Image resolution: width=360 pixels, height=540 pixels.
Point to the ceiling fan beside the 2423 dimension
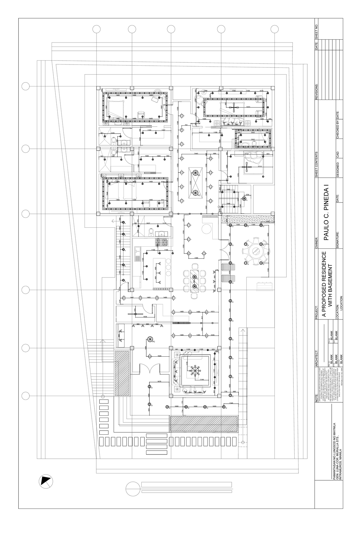(x=234, y=107)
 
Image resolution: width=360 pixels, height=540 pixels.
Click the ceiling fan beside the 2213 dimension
(x=247, y=167)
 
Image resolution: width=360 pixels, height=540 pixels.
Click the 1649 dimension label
(x=159, y=356)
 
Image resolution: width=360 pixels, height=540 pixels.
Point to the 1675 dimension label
(x=159, y=381)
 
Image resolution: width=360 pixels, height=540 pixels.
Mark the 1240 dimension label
(x=231, y=403)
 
